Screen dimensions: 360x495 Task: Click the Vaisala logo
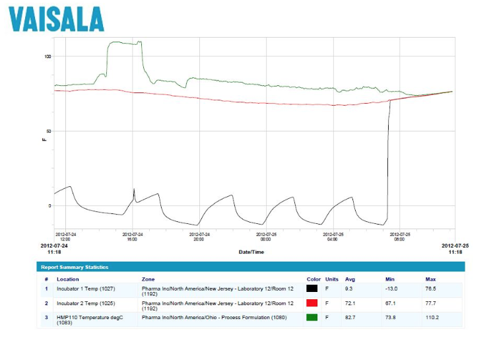[x=56, y=19]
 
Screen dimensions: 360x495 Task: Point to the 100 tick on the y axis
[x=47, y=57]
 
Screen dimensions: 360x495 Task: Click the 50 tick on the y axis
[x=48, y=131]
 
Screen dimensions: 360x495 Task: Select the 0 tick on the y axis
[x=48, y=205]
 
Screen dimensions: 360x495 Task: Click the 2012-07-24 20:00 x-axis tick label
[x=199, y=236]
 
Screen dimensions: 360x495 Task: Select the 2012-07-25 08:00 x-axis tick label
[x=399, y=236]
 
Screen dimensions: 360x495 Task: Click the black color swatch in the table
[x=312, y=289]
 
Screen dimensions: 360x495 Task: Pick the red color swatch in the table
[x=312, y=303]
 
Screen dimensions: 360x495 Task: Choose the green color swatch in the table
[x=312, y=318]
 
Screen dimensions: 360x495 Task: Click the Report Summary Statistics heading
[x=74, y=267]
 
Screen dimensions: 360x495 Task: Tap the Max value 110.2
[x=432, y=318]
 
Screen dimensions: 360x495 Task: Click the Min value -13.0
[x=392, y=289]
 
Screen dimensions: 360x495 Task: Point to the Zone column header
[x=148, y=279]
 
